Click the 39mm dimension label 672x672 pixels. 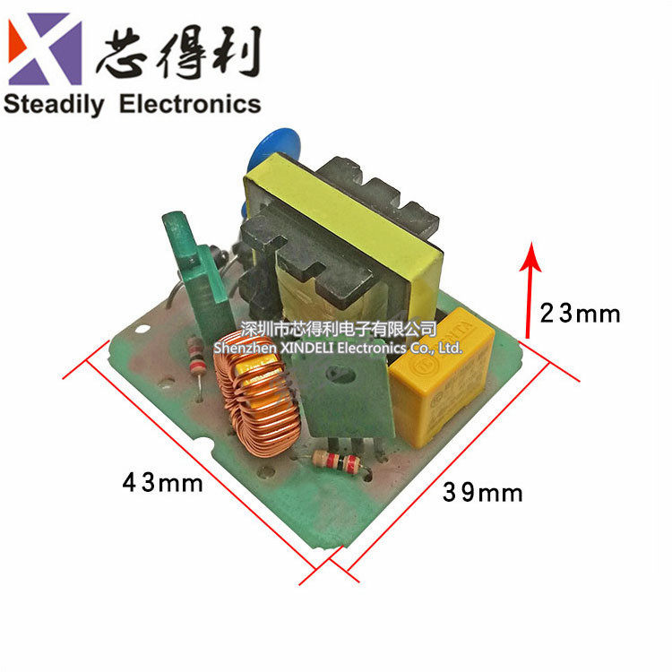tap(483, 492)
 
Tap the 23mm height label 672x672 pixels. tap(580, 314)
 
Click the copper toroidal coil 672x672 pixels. tap(255, 399)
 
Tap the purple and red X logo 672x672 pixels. tap(45, 49)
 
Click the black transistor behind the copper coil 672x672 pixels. tap(340, 394)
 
